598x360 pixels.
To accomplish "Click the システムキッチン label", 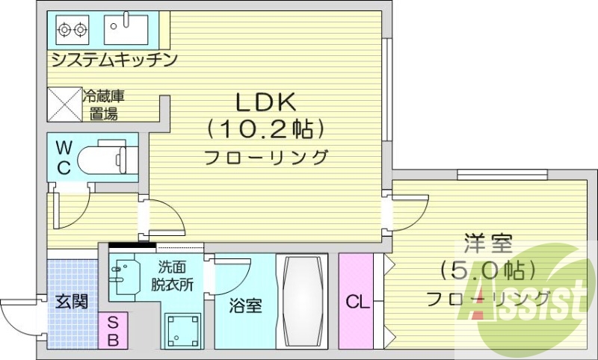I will pyautogui.click(x=113, y=59).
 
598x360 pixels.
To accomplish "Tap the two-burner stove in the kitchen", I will pyautogui.click(x=73, y=30).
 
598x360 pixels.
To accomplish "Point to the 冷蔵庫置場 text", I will pyautogui.click(x=100, y=105).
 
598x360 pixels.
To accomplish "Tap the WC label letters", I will pyautogui.click(x=64, y=156).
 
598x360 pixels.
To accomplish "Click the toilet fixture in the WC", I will pyautogui.click(x=105, y=158).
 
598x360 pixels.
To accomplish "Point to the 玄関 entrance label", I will pyautogui.click(x=73, y=302).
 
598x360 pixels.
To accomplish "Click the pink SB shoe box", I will pyautogui.click(x=112, y=330).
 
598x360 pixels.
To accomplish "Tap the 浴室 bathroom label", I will pyautogui.click(x=244, y=305).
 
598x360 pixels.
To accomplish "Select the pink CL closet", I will pyautogui.click(x=357, y=302).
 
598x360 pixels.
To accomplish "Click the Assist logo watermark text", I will pyautogui.click(x=526, y=302).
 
